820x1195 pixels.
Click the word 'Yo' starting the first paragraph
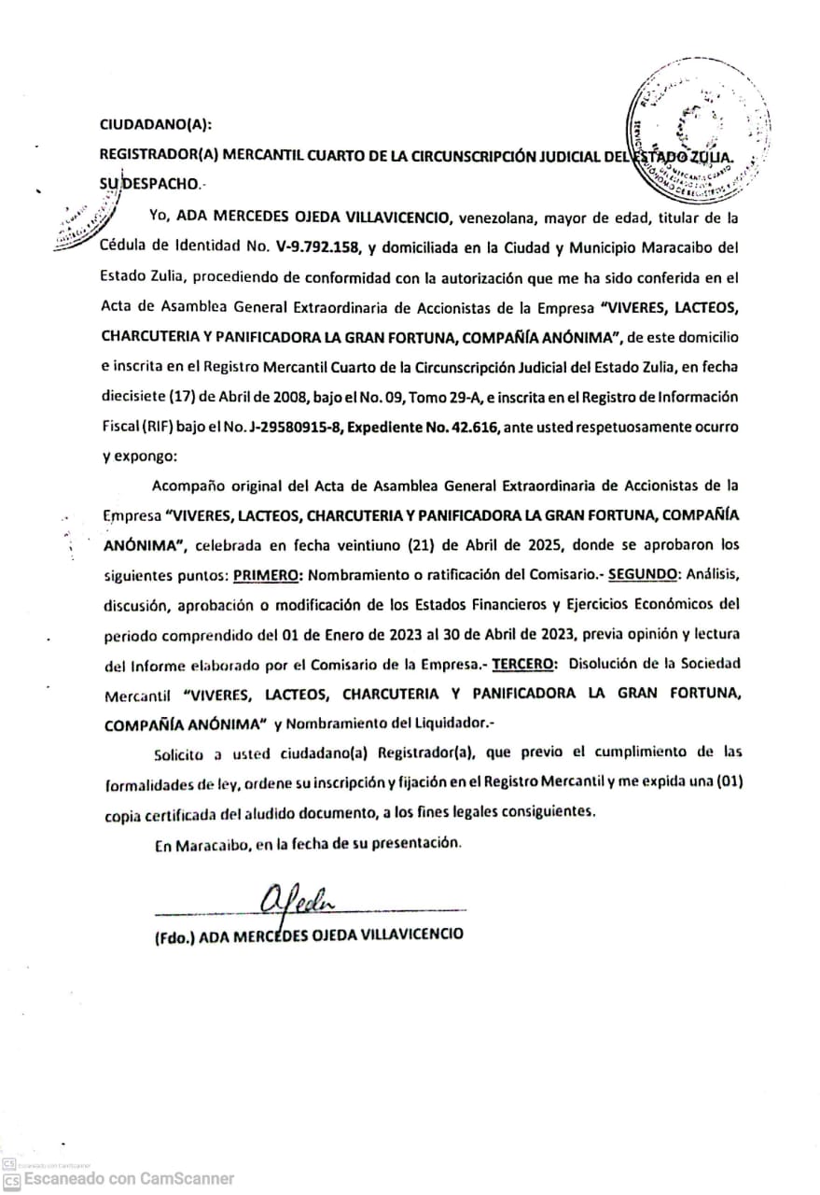[158, 218]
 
